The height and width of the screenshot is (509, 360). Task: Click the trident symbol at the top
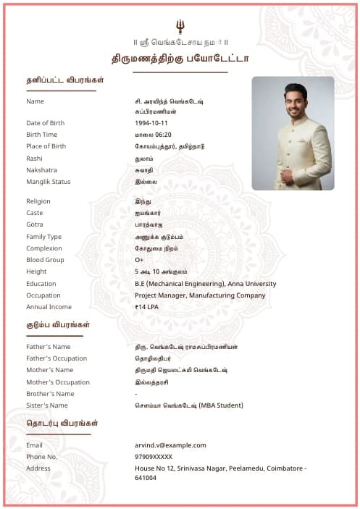click(180, 27)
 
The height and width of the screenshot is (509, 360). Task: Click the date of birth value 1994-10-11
click(151, 123)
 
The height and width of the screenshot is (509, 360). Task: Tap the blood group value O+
click(139, 260)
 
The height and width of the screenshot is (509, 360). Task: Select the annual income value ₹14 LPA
click(146, 307)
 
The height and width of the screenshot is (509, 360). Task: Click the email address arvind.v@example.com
click(170, 445)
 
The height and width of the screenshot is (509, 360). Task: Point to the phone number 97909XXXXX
click(154, 457)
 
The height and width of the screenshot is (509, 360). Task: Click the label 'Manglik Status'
click(49, 182)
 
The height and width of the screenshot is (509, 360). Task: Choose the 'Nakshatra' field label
click(41, 170)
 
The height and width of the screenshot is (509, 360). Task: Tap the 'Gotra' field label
click(34, 224)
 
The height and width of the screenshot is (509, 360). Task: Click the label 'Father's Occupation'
click(56, 358)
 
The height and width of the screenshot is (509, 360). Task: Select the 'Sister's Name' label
click(47, 405)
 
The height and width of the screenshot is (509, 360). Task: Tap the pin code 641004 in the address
click(146, 478)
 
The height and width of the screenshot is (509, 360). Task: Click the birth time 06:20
click(163, 135)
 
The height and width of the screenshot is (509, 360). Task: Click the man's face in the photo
click(295, 101)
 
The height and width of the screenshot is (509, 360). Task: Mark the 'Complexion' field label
click(44, 248)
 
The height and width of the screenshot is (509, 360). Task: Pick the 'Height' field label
click(36, 272)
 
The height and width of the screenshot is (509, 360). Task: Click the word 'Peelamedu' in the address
click(246, 468)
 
